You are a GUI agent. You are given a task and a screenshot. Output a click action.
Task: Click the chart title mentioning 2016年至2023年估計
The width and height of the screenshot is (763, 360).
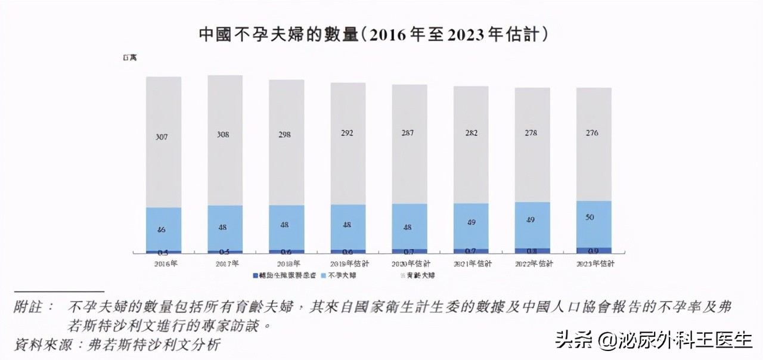point(374,35)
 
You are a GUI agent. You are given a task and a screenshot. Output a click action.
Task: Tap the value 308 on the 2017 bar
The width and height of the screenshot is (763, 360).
point(225,135)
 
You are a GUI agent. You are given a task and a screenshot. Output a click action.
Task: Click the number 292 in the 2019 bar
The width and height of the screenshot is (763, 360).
point(348,134)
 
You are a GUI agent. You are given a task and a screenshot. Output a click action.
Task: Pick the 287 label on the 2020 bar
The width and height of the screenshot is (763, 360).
point(409,133)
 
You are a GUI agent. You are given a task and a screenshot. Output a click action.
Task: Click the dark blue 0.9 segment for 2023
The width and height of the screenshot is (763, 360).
point(593,251)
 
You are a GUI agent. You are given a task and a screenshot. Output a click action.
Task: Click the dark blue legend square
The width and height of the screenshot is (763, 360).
point(255,275)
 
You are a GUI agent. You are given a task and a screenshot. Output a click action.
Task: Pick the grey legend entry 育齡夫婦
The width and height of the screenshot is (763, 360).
point(420,275)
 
